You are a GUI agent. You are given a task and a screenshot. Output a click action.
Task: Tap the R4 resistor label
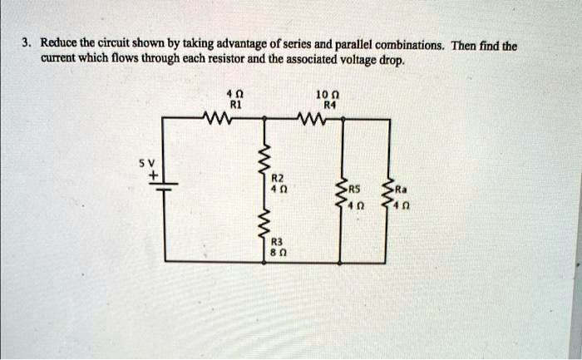331,106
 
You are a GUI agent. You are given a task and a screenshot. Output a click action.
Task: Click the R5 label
355,188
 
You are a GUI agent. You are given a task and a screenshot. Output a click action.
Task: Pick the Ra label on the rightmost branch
399,188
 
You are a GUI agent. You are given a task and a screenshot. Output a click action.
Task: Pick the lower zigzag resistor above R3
266,222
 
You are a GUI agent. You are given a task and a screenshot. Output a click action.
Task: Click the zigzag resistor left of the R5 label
339,195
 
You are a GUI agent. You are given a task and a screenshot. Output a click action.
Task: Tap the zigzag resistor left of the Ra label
385,195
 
